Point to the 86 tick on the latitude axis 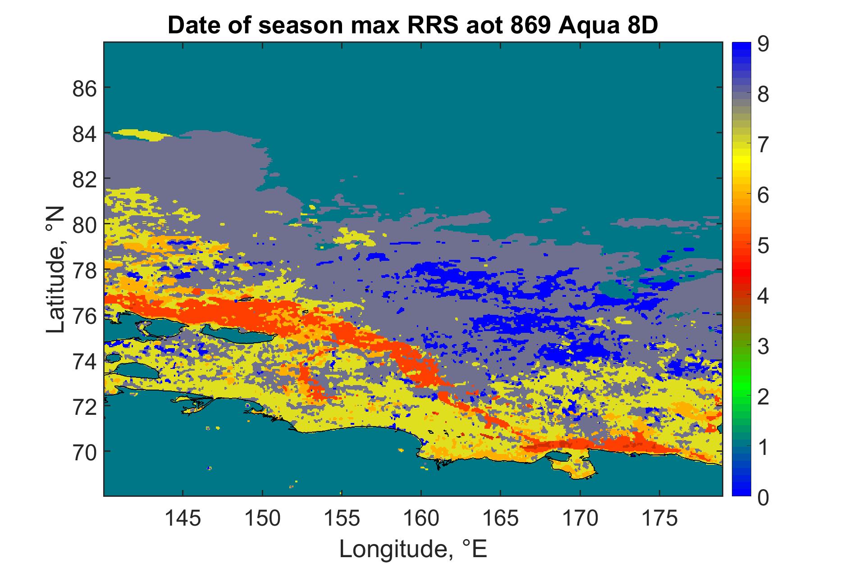tap(84, 88)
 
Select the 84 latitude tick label tap(84, 134)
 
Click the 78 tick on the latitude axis tap(84, 270)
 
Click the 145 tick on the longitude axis tap(183, 518)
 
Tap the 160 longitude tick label tap(421, 518)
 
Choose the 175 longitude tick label tap(659, 518)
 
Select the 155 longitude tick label tap(342, 518)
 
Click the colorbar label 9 tap(763, 45)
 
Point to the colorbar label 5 tap(763, 247)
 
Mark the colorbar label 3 tap(763, 347)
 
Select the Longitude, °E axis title tap(413, 549)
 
